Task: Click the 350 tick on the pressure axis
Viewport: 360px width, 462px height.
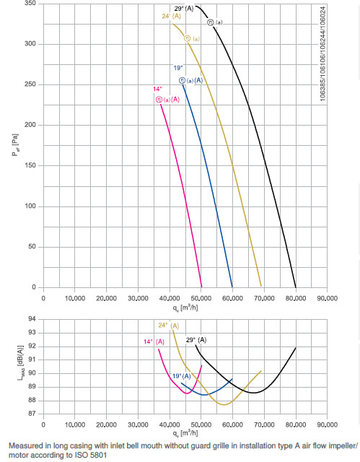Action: point(30,4)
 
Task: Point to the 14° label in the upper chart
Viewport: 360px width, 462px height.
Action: point(157,90)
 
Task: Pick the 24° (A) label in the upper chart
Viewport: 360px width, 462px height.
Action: point(170,16)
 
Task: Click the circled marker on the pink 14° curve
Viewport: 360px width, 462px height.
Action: point(159,99)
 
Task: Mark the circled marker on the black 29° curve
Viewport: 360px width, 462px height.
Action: point(211,22)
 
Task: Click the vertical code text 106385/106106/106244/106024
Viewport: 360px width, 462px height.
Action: point(342,53)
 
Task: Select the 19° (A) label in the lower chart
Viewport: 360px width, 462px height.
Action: point(181,376)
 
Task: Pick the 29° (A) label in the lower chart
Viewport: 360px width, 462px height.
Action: point(196,339)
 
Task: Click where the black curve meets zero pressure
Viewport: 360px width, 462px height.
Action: point(296,287)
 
